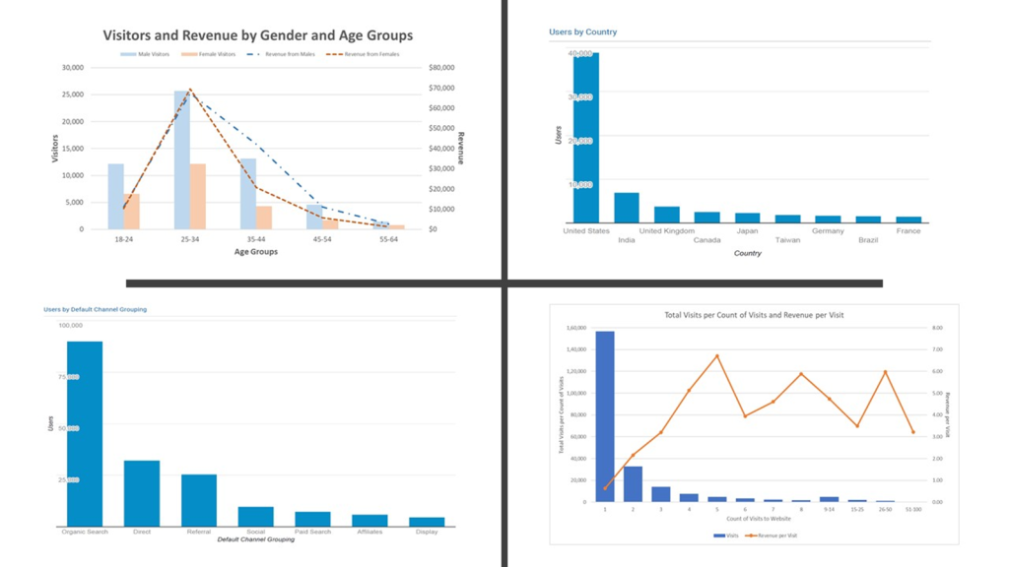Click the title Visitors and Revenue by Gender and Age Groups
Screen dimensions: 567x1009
click(x=258, y=35)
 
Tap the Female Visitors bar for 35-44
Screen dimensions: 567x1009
click(x=264, y=217)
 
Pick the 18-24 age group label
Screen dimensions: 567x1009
click(x=122, y=238)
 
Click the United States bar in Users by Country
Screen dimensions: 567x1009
click(x=586, y=138)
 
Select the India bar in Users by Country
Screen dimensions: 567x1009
click(x=627, y=208)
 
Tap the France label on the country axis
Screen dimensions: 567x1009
click(x=908, y=231)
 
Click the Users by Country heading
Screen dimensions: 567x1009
click(x=582, y=32)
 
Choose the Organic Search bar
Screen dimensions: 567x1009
click(x=85, y=434)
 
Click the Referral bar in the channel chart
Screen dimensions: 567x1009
click(x=199, y=500)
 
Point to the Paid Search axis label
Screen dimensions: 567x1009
click(x=312, y=533)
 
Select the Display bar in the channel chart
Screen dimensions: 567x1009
click(x=427, y=522)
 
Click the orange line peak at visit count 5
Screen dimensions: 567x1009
click(x=716, y=355)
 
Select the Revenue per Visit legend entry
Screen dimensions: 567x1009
click(x=774, y=535)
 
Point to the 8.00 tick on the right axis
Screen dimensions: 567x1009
click(x=937, y=328)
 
